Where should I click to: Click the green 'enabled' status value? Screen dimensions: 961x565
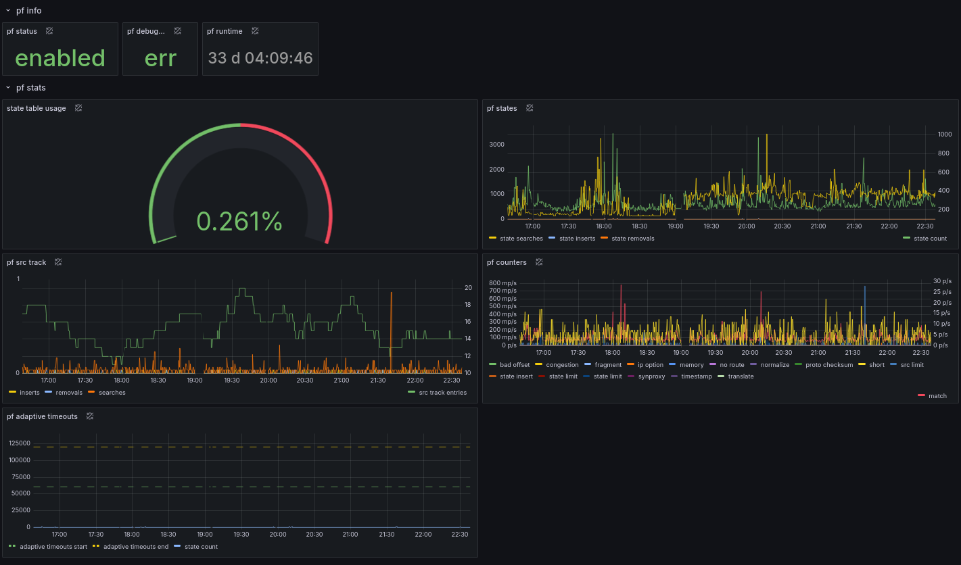(x=60, y=58)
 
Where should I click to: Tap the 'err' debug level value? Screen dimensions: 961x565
(x=160, y=59)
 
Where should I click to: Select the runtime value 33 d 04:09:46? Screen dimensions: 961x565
(x=260, y=58)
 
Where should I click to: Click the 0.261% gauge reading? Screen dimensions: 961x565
(x=239, y=221)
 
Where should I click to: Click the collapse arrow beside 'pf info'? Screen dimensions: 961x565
(x=8, y=10)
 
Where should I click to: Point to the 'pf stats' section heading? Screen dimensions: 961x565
(x=31, y=87)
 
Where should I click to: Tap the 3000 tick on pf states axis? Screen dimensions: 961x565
(x=497, y=145)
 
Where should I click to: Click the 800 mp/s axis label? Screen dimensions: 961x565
(x=502, y=283)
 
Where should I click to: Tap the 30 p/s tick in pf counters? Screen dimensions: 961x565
(x=942, y=281)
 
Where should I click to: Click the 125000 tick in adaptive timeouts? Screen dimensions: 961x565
(x=20, y=443)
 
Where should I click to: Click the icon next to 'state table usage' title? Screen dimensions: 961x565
(x=78, y=108)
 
